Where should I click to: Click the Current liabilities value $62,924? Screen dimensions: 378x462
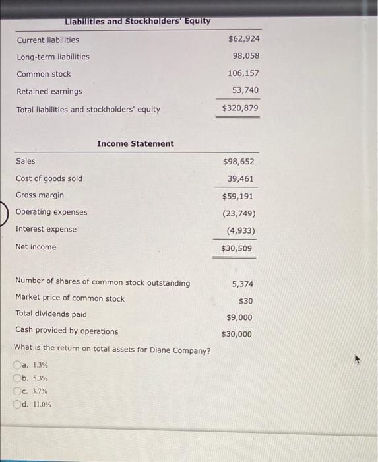pos(240,39)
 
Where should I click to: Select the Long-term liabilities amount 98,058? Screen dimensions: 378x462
pos(245,57)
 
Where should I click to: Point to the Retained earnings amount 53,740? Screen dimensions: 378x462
pos(245,90)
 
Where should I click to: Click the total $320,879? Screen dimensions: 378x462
pos(240,108)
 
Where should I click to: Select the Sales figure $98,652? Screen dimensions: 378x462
pos(238,161)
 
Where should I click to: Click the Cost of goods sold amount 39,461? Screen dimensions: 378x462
pos(241,179)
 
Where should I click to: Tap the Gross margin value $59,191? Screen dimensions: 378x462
pos(238,196)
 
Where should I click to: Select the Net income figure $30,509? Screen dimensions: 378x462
pos(236,248)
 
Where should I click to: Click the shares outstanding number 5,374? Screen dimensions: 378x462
pos(242,284)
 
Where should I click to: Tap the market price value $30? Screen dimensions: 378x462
pos(245,301)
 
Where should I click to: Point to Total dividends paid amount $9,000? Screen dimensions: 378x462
pos(239,317)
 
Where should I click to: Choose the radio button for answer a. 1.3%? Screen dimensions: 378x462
pos(17,365)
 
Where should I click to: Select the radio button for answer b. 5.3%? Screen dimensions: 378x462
pos(17,378)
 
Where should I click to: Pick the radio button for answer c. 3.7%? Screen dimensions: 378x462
pos(17,391)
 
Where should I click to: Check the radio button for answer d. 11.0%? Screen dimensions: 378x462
pos(17,405)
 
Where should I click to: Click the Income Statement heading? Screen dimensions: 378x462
pos(135,143)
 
